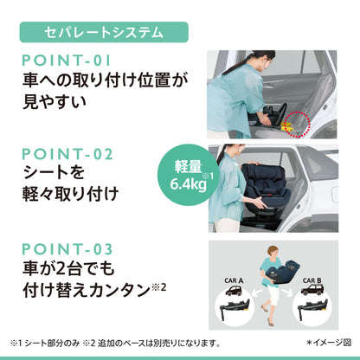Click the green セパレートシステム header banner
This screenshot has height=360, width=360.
(104, 32)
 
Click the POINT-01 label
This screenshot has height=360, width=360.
(67, 61)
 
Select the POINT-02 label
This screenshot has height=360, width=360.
(67, 154)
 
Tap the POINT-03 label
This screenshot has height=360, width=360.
(67, 249)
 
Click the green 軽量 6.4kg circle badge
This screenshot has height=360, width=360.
(188, 175)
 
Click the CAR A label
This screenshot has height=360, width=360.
(234, 280)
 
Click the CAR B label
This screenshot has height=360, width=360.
(312, 280)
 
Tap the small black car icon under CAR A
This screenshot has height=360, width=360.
(234, 290)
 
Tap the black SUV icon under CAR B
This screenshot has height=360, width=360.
(312, 290)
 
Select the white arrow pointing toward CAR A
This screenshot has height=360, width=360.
(258, 293)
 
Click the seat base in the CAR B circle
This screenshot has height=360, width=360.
(312, 308)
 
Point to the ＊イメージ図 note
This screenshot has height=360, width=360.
(329, 343)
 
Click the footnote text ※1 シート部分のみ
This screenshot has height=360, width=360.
(45, 344)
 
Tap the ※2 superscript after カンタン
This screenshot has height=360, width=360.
(159, 287)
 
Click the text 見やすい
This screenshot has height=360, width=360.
(55, 102)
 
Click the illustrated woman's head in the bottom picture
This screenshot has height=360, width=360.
(272, 253)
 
